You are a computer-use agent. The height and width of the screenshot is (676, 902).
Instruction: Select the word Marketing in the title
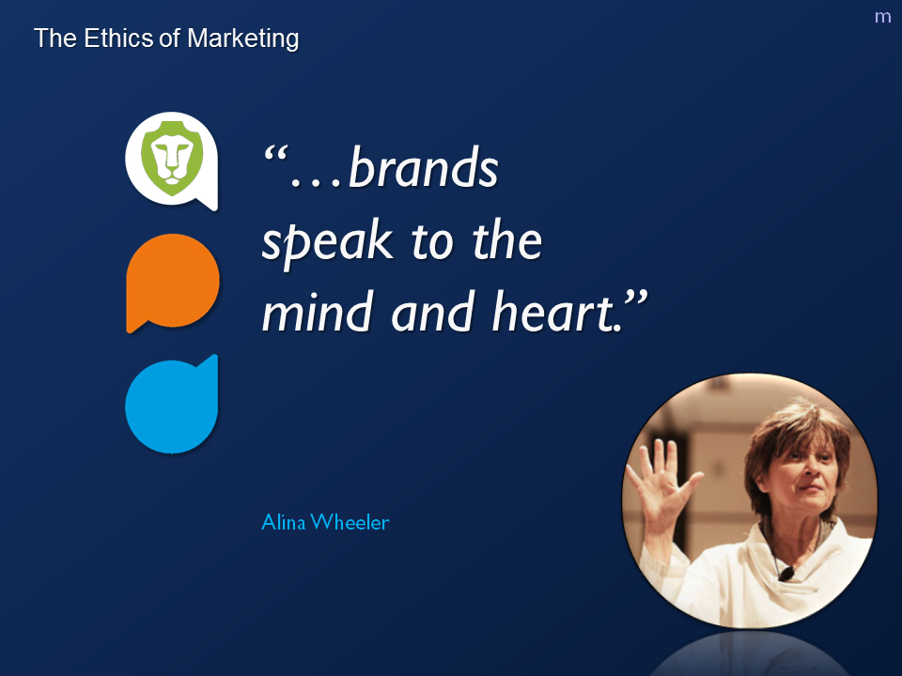242,39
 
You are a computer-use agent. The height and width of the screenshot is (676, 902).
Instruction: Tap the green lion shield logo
172,158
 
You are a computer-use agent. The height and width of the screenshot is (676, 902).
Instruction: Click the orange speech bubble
172,283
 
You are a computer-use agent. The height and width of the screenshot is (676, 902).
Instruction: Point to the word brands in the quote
424,167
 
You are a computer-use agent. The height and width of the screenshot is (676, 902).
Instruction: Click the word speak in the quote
327,242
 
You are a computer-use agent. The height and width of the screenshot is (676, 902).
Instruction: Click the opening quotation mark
275,154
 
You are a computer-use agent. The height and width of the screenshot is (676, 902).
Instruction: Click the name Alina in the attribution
283,522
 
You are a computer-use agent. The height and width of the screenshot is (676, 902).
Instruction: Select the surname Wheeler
350,522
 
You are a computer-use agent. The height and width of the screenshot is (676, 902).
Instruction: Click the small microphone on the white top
785,573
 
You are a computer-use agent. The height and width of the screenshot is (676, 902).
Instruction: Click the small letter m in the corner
882,17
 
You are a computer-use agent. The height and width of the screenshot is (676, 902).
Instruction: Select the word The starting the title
55,38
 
